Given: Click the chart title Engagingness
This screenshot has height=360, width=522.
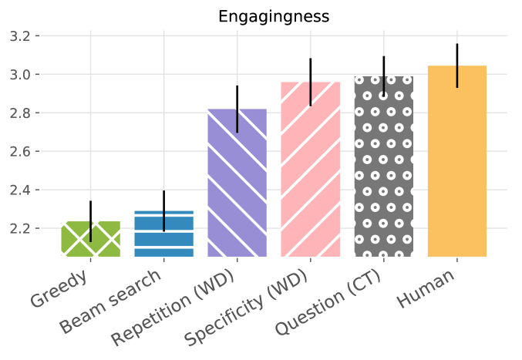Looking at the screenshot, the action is tap(274, 17).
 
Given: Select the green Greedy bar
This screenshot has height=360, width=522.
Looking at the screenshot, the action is tap(90, 239).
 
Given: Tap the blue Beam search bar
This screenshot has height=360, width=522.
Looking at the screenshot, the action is tap(163, 234).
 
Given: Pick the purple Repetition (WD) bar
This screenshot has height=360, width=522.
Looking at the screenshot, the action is tap(237, 183).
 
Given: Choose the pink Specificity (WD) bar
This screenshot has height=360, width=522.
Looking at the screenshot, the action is tap(310, 170).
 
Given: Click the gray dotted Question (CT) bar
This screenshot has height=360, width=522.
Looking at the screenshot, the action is tap(384, 167).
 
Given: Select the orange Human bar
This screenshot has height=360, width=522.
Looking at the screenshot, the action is tap(457, 161).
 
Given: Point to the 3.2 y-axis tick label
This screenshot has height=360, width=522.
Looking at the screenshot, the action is tap(20, 36).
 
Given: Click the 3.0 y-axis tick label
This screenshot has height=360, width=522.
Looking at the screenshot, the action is tap(20, 75).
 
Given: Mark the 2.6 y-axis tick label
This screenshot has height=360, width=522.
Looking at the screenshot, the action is tap(20, 151).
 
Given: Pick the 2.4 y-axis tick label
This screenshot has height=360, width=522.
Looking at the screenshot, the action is tap(20, 190).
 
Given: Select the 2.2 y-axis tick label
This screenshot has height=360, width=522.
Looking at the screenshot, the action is tap(20, 229).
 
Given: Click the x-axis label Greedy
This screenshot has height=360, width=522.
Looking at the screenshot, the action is tap(59, 288).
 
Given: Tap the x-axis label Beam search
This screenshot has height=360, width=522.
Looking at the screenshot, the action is tap(111, 301).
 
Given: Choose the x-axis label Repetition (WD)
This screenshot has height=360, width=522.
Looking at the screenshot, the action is tap(173, 307).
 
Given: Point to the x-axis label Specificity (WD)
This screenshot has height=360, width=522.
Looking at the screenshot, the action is tap(247, 307).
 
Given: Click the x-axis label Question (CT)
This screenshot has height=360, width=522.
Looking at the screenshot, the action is tap(328, 301).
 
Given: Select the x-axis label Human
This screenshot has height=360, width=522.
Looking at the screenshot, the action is tap(426, 288).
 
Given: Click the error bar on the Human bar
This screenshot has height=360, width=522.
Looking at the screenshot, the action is tap(457, 66).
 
